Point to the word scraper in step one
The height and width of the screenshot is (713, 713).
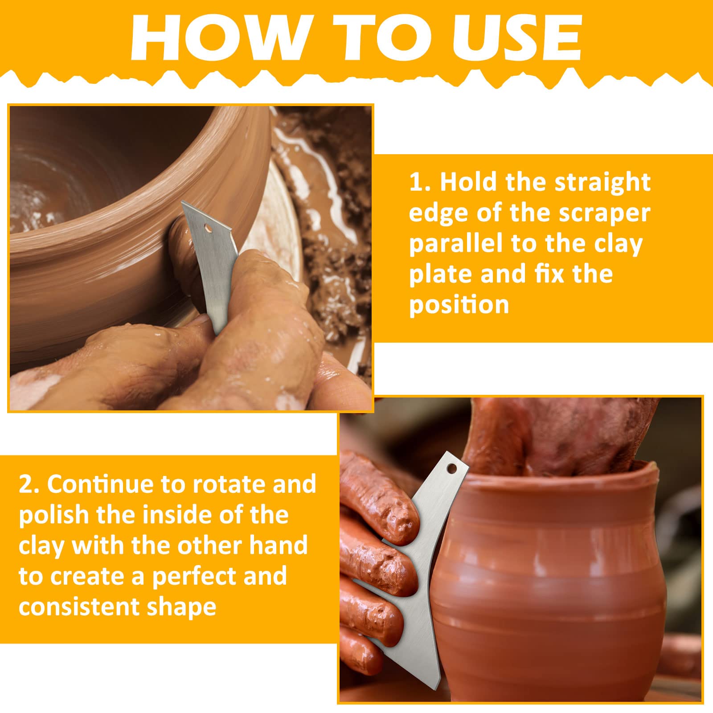click(605, 214)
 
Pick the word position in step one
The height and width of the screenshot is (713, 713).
click(459, 306)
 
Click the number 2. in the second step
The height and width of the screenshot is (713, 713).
click(29, 484)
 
